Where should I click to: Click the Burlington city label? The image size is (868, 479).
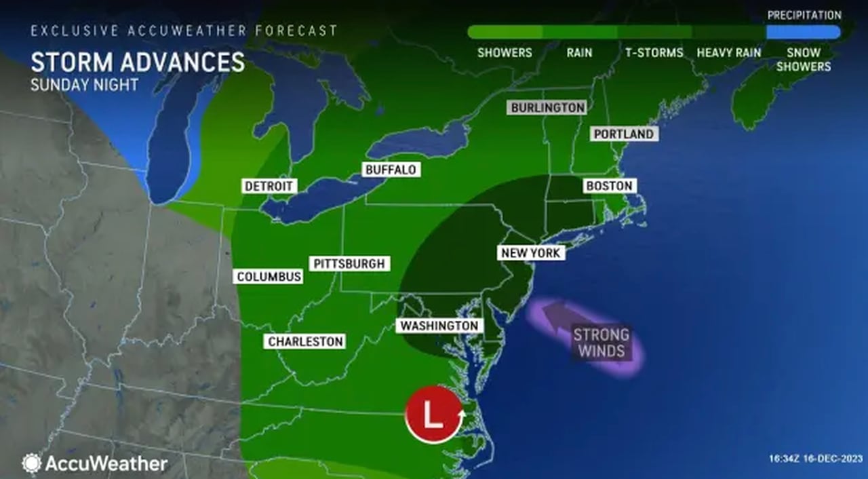[x=547, y=108]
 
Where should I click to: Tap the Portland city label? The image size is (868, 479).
[x=624, y=134]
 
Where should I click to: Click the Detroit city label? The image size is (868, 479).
[x=269, y=186]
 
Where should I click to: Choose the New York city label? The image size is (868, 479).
[x=531, y=253]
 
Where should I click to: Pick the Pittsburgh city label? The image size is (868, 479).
[x=349, y=264]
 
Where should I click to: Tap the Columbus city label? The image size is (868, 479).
[x=269, y=277]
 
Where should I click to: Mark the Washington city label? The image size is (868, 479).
[x=439, y=326]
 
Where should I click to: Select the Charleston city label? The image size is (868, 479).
[x=306, y=342]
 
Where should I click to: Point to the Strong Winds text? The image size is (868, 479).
[x=601, y=343]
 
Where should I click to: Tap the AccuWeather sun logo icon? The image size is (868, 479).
[x=32, y=463]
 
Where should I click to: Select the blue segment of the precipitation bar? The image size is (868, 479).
[x=803, y=32]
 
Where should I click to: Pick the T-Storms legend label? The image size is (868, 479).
[x=654, y=53]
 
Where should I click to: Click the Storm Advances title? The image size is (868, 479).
[x=138, y=62]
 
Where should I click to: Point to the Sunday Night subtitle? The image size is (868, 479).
[x=84, y=85]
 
